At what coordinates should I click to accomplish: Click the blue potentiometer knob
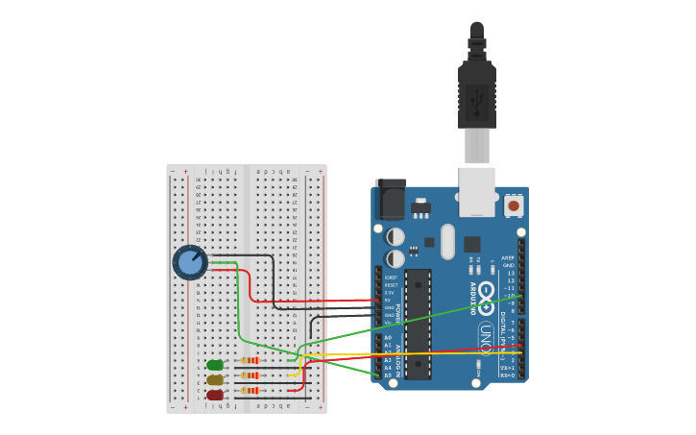(190, 262)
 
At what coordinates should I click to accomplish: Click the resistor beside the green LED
(250, 361)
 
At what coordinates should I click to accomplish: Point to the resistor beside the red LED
(250, 391)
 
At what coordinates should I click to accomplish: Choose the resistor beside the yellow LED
(250, 375)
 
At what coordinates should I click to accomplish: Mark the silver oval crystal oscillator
(447, 242)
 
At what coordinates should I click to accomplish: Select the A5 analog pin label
(388, 375)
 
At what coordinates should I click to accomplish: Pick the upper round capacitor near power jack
(396, 236)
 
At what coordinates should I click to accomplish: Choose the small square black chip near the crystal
(472, 244)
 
